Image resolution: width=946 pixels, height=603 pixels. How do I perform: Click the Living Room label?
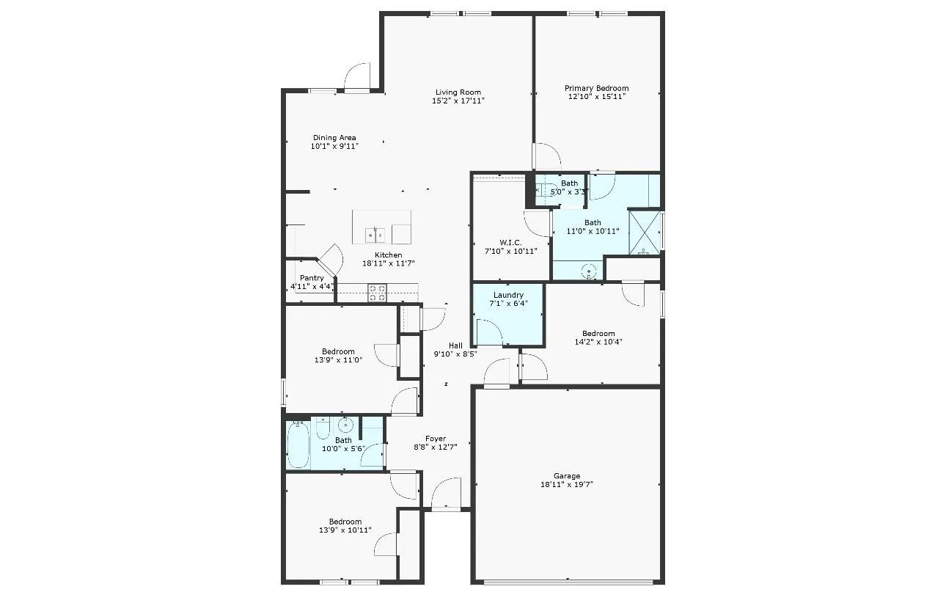click(458, 92)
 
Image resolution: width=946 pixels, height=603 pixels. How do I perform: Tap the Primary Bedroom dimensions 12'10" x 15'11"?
click(596, 96)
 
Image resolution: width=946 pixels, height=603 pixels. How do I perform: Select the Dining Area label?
click(334, 137)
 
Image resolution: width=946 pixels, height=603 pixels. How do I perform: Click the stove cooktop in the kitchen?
click(377, 293)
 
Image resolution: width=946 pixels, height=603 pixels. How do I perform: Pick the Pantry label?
click(312, 278)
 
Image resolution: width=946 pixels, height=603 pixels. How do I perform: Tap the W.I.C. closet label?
click(510, 242)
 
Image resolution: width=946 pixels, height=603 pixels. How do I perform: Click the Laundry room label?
click(508, 295)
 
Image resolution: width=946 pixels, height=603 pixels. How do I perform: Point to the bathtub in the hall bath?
click(298, 445)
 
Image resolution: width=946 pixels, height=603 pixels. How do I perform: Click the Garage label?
click(567, 475)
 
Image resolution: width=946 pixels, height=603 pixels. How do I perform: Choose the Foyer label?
click(436, 439)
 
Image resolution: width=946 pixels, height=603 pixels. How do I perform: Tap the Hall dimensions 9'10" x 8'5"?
click(455, 354)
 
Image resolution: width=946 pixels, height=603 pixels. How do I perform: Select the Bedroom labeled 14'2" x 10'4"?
click(598, 337)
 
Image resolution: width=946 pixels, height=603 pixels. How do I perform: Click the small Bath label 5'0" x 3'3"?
click(569, 188)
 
